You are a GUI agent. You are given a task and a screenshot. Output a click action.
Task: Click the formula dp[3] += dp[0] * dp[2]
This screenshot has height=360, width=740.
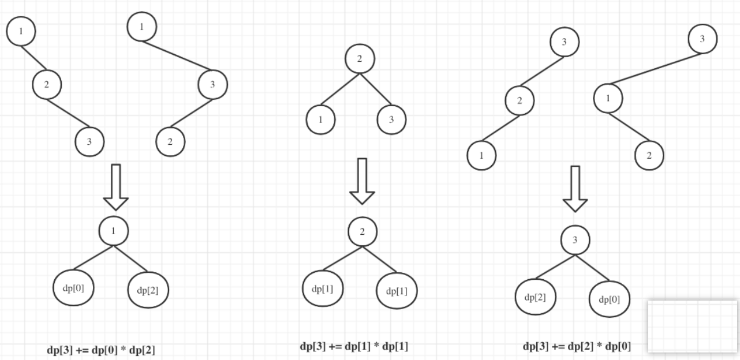tap(100, 350)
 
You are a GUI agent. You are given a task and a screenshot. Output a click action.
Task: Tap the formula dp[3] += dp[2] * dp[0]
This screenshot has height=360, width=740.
tap(577, 347)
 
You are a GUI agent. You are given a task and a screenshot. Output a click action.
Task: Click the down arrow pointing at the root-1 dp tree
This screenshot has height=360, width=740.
tap(115, 186)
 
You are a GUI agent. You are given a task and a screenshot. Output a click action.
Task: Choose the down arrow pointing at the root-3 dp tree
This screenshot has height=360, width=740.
tap(575, 189)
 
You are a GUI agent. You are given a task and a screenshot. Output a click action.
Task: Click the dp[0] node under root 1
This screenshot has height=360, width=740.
tap(73, 287)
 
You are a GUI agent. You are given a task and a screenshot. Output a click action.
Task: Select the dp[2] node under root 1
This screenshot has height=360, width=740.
tap(148, 290)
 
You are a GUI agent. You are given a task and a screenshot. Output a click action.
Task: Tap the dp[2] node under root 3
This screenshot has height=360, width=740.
tap(536, 297)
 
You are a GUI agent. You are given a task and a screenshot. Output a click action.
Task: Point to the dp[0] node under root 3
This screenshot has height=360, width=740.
tap(610, 299)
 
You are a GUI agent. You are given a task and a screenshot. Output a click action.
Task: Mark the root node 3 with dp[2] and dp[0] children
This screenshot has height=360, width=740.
tap(575, 240)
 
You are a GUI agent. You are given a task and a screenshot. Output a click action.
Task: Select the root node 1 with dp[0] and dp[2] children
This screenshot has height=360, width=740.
tap(114, 231)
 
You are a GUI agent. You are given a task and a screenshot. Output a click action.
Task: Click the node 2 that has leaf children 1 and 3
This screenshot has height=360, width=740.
tap(360, 59)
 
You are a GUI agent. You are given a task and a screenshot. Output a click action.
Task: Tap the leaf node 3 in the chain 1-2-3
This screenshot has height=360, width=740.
tap(89, 141)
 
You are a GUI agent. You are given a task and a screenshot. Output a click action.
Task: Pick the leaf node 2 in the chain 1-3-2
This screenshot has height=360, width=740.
tap(170, 141)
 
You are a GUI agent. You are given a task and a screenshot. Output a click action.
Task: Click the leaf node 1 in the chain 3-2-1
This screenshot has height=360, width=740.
tap(481, 155)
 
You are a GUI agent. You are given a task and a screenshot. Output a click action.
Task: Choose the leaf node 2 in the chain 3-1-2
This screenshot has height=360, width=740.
tap(649, 155)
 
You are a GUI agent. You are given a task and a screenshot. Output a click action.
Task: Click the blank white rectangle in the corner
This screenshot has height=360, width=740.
tap(693, 326)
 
